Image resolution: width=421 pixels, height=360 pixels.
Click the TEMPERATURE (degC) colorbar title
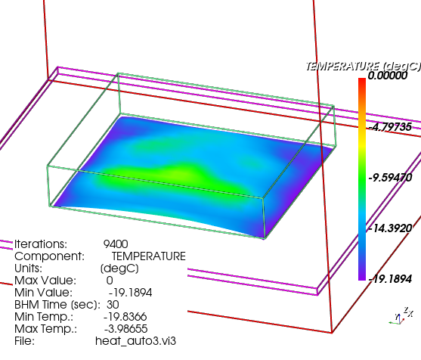coord(363,66)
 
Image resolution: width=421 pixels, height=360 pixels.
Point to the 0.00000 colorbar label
coord(388,76)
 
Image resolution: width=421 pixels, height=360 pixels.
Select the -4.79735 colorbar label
coord(390,126)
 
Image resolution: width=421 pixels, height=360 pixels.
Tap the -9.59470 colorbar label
coord(390,178)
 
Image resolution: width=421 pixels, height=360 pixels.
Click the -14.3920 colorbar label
coord(390,228)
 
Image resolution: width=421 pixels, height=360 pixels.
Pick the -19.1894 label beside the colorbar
coord(390,279)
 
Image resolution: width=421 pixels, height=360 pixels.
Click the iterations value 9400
coord(116,244)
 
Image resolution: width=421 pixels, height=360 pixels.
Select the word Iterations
coord(40,244)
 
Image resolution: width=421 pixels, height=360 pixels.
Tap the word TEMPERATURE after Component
coord(149,256)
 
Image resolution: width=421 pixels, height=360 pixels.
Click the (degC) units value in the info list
coord(119,268)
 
